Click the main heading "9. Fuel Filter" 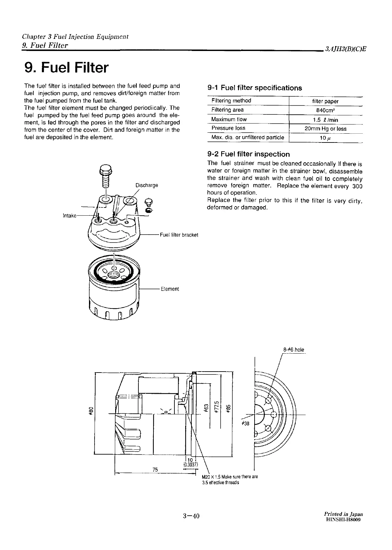pyautogui.click(x=66, y=68)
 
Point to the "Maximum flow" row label pyautogui.click(x=229, y=119)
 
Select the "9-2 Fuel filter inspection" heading pyautogui.click(x=249, y=154)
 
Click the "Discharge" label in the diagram pyautogui.click(x=147, y=185)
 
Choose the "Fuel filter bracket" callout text pyautogui.click(x=179, y=235)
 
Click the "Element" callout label pyautogui.click(x=170, y=289)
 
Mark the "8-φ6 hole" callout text pyautogui.click(x=294, y=350)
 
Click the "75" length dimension pyautogui.click(x=155, y=470)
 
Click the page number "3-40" pyautogui.click(x=191, y=516)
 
